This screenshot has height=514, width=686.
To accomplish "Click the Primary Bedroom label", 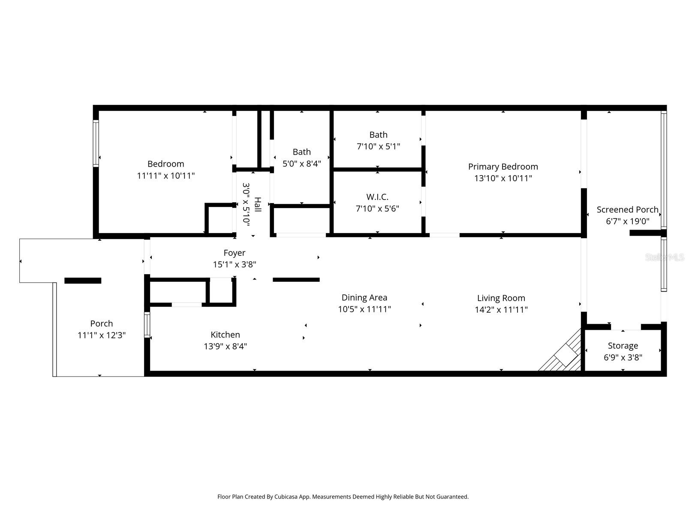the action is [x=503, y=167].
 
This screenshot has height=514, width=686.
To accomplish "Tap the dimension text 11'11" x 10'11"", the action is [x=165, y=176].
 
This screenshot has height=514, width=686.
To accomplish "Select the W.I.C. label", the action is [x=377, y=197].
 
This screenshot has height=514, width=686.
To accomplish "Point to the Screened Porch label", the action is [x=627, y=210].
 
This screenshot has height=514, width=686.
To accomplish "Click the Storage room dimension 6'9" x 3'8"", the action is [x=623, y=357].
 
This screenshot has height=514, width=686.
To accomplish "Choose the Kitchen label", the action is [x=225, y=335].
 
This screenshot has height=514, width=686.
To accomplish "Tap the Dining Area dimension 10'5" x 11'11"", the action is [x=364, y=309].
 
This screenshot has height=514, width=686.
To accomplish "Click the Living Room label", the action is [x=501, y=299].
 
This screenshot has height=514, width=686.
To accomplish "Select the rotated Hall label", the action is [x=258, y=204].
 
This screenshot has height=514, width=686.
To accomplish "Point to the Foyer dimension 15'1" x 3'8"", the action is [x=235, y=265].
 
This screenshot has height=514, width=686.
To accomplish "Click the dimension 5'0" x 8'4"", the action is [x=301, y=164].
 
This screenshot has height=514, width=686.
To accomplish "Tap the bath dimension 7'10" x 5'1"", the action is [x=378, y=146].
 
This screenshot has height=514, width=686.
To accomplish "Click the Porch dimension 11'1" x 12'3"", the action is [x=101, y=335].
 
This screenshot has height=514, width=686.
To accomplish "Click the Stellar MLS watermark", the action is [x=664, y=257].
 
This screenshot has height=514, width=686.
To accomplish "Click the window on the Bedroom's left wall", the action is [x=96, y=143].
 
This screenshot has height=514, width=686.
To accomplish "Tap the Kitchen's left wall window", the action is [x=147, y=325].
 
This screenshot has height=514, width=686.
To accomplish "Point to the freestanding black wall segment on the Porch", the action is [x=83, y=281].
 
